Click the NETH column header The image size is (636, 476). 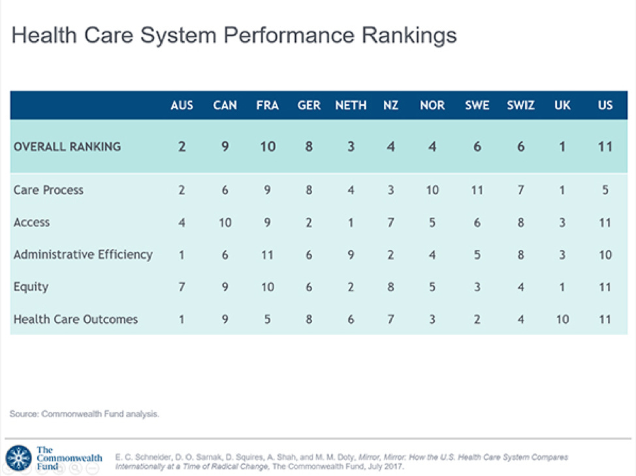click(351, 105)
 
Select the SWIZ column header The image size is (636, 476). click(520, 105)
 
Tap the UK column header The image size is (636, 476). click(562, 105)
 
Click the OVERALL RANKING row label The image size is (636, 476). click(67, 146)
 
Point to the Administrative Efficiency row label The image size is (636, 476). click(83, 255)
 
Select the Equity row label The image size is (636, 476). click(31, 287)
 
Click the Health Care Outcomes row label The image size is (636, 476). click(76, 319)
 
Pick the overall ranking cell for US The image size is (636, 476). click(605, 146)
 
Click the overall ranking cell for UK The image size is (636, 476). click(562, 146)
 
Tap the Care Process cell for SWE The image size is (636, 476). click(477, 191)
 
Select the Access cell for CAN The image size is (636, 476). click(225, 223)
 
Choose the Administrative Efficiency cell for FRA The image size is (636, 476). click(268, 255)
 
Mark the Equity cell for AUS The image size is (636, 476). click(182, 287)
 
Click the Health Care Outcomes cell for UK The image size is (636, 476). click(562, 319)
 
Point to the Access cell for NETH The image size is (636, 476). click(351, 223)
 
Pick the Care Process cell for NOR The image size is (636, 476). click(432, 191)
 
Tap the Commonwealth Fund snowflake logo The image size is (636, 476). click(18, 458)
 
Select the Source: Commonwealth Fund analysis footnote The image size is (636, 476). click(84, 414)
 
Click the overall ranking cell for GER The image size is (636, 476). click(309, 146)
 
